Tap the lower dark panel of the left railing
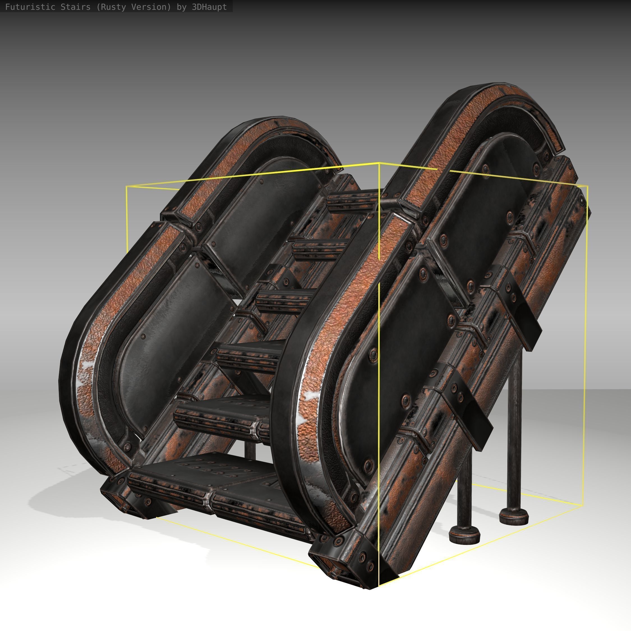click(173, 343)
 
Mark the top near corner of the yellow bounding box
click(379, 163)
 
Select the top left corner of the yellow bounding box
click(127, 186)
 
